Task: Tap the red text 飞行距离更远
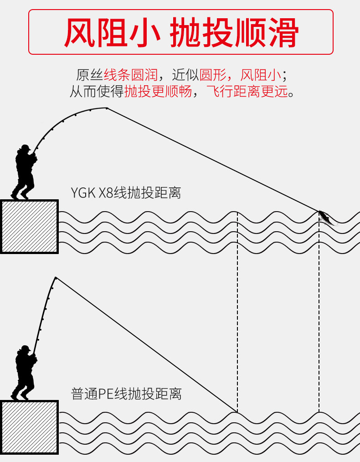pos(247,91)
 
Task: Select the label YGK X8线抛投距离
pos(126,193)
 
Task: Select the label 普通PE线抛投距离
pos(126,394)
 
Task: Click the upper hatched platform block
pos(29,226)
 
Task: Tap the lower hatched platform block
pos(29,427)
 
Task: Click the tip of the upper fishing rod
pos(107,108)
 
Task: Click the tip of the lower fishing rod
pos(56,277)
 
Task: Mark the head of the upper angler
pos(25,149)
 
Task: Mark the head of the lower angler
pos(25,349)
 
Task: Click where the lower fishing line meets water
pos(237,411)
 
